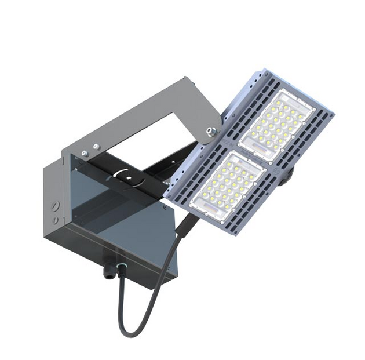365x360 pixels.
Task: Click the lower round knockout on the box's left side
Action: [56, 221]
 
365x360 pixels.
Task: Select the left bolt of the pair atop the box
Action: [85, 153]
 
